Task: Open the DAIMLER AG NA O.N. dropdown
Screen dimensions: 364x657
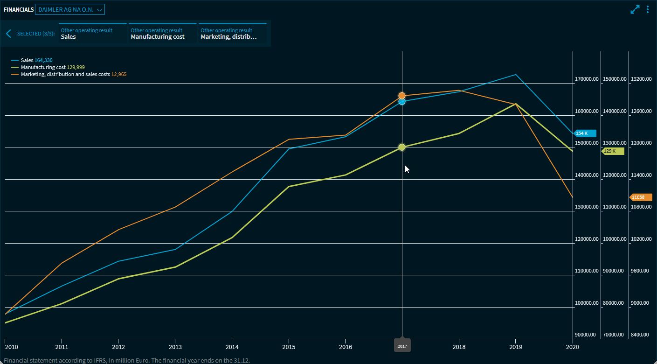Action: pyautogui.click(x=70, y=9)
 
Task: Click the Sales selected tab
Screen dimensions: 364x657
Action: pyautogui.click(x=93, y=34)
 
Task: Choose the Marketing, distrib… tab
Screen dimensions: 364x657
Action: pyautogui.click(x=232, y=34)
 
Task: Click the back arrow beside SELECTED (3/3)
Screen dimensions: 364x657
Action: pyautogui.click(x=8, y=34)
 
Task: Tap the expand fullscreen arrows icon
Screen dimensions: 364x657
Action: pyautogui.click(x=635, y=9)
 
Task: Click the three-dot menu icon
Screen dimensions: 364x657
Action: pyautogui.click(x=648, y=9)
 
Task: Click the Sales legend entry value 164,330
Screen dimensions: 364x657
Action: pyautogui.click(x=47, y=60)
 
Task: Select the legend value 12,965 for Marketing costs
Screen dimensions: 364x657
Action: pyautogui.click(x=119, y=74)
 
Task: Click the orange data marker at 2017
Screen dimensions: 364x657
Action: pyautogui.click(x=402, y=96)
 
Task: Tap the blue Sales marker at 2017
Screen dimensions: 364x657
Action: pyautogui.click(x=402, y=101)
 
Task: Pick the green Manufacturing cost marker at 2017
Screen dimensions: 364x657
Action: pyautogui.click(x=402, y=147)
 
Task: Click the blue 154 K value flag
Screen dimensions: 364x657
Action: pyautogui.click(x=585, y=133)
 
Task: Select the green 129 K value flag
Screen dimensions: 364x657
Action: pyautogui.click(x=613, y=151)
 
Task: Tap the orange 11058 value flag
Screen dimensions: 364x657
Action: pyautogui.click(x=641, y=197)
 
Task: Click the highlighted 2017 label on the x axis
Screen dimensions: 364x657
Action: pyautogui.click(x=402, y=346)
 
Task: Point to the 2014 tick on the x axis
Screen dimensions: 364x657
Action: pyautogui.click(x=232, y=347)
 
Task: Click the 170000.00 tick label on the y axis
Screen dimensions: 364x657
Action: pyautogui.click(x=586, y=79)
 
